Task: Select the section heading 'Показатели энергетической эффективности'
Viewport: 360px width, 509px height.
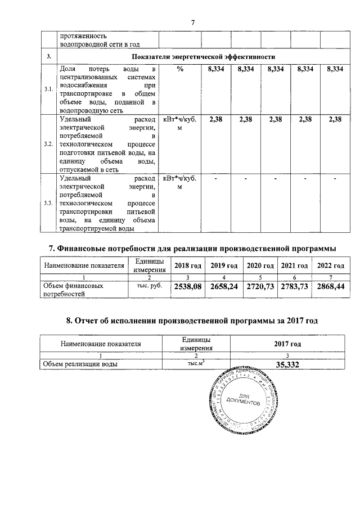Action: [x=203, y=57]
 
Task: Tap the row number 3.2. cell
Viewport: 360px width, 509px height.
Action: [x=49, y=145]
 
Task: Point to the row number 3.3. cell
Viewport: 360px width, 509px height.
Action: [x=49, y=203]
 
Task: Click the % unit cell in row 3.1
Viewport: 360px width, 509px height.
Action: [x=180, y=69]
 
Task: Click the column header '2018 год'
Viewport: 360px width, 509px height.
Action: [x=188, y=265]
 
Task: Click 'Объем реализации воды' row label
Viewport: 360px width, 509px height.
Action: [x=80, y=364]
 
